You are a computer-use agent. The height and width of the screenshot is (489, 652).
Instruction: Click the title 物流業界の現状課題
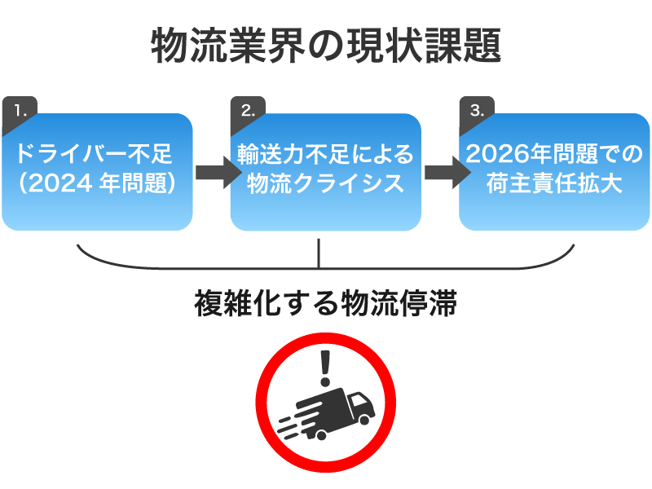click(325, 46)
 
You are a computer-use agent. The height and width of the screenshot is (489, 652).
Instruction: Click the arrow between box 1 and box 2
click(211, 171)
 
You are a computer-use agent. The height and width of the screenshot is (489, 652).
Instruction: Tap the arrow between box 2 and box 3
click(440, 171)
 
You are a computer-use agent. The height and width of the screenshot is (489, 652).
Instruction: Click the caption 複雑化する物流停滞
click(325, 303)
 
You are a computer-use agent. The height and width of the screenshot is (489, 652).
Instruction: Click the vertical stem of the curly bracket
click(319, 255)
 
